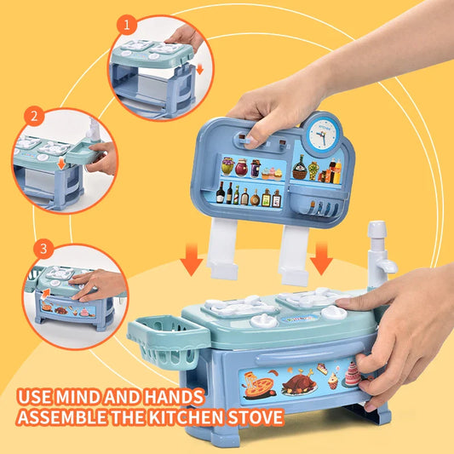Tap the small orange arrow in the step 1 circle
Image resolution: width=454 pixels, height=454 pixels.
click(199, 69)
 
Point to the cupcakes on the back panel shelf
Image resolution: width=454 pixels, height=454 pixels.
click(272, 172)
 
